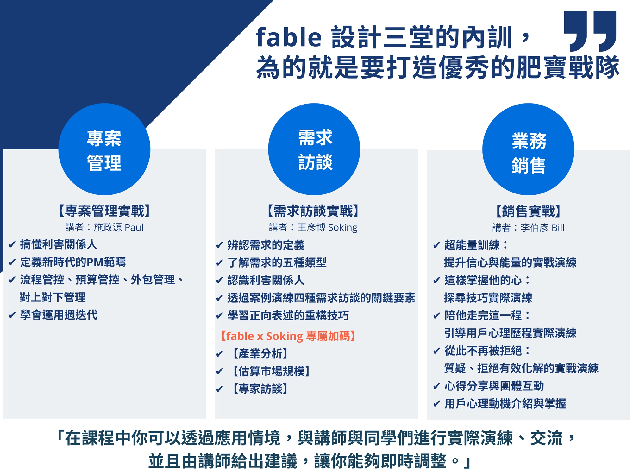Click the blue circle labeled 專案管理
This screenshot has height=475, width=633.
(x=104, y=149)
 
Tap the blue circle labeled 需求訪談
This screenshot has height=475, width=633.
(x=314, y=149)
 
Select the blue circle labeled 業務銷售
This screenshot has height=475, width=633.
(x=528, y=149)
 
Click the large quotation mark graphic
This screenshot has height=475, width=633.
(x=590, y=31)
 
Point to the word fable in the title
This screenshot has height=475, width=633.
(x=289, y=37)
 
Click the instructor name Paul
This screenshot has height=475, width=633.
(x=134, y=227)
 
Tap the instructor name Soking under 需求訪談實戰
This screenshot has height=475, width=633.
(x=343, y=228)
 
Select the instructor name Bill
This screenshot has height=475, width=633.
(x=558, y=228)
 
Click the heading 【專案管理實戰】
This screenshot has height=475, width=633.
(x=104, y=211)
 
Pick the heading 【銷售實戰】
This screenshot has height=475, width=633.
(x=528, y=211)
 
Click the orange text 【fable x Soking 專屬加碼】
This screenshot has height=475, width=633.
(x=288, y=336)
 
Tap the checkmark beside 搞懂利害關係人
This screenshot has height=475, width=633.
(x=12, y=244)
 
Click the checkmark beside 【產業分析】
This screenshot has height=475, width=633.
(x=220, y=354)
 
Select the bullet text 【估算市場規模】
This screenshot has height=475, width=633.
(x=271, y=371)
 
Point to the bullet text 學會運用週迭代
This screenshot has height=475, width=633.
(x=59, y=315)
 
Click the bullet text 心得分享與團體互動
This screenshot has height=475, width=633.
(x=494, y=386)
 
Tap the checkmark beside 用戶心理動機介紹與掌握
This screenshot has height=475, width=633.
(x=437, y=403)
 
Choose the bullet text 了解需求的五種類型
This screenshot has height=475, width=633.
(x=277, y=263)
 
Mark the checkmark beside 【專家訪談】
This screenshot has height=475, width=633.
(x=220, y=389)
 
